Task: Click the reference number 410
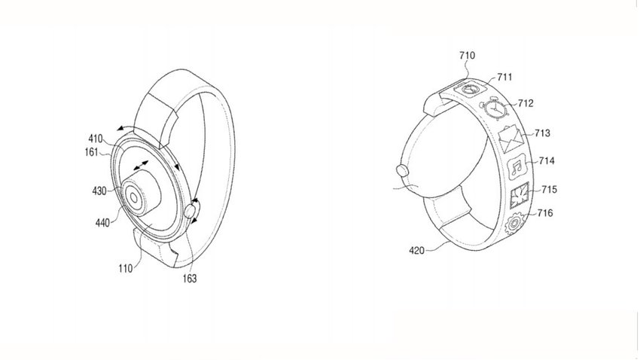click(96, 139)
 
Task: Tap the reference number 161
click(91, 152)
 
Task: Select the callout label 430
click(99, 191)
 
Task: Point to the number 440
click(102, 222)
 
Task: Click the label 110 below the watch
click(126, 269)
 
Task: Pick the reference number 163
click(190, 279)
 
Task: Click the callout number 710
click(467, 56)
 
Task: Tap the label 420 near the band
click(416, 251)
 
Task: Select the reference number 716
click(545, 213)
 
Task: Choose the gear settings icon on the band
click(514, 223)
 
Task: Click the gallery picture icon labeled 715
click(520, 195)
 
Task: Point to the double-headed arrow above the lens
click(140, 165)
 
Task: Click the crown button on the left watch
click(190, 212)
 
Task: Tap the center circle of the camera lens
click(133, 198)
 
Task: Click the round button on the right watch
click(402, 170)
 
